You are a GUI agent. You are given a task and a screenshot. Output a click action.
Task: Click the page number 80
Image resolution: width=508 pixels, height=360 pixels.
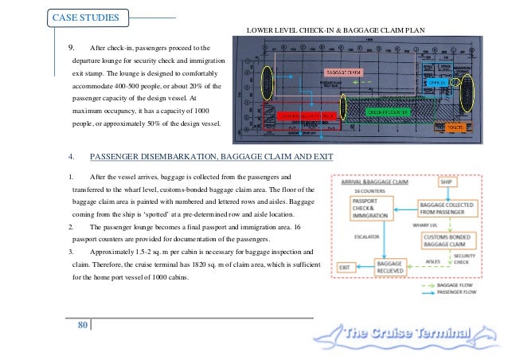pyautogui.click(x=81, y=325)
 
